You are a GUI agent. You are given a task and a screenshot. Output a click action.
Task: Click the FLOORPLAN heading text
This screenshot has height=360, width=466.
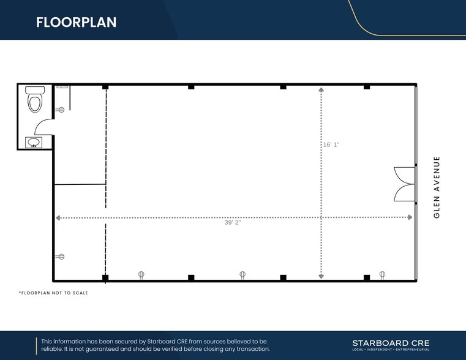(77, 22)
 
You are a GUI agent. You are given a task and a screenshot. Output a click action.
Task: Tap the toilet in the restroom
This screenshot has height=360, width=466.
(35, 99)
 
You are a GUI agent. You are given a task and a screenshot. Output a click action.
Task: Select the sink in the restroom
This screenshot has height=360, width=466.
(34, 142)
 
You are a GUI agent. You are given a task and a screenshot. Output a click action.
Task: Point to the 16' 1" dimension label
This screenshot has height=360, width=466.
(331, 144)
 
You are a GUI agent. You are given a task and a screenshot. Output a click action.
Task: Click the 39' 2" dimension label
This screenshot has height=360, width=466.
(233, 222)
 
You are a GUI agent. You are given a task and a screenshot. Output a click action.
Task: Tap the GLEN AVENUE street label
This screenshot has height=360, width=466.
(436, 187)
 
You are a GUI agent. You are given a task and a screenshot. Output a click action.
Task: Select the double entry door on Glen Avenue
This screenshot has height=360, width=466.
(405, 184)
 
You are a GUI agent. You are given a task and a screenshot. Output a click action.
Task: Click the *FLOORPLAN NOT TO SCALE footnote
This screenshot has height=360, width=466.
(53, 293)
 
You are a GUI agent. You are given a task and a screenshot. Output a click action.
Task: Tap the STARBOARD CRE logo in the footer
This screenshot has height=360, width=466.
(391, 345)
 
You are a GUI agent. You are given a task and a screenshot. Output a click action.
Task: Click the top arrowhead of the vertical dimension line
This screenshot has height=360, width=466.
(321, 89)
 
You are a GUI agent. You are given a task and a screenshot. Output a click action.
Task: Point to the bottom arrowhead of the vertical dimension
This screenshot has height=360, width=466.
(321, 276)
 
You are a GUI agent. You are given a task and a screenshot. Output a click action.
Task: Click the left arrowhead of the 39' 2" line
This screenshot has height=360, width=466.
(58, 218)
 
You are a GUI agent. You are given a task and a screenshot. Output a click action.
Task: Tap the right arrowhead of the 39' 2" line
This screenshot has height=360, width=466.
(410, 217)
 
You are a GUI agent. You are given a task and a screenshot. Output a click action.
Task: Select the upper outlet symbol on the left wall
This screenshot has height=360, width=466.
(61, 110)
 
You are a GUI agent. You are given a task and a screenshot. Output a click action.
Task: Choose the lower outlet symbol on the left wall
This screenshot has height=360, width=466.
(61, 257)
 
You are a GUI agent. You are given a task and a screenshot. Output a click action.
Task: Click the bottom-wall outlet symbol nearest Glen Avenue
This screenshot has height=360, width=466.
(383, 275)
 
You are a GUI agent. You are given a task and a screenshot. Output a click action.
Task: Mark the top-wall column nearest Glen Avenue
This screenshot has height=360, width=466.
(367, 87)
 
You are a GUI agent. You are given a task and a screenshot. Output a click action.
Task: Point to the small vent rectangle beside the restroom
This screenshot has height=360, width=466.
(62, 87)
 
